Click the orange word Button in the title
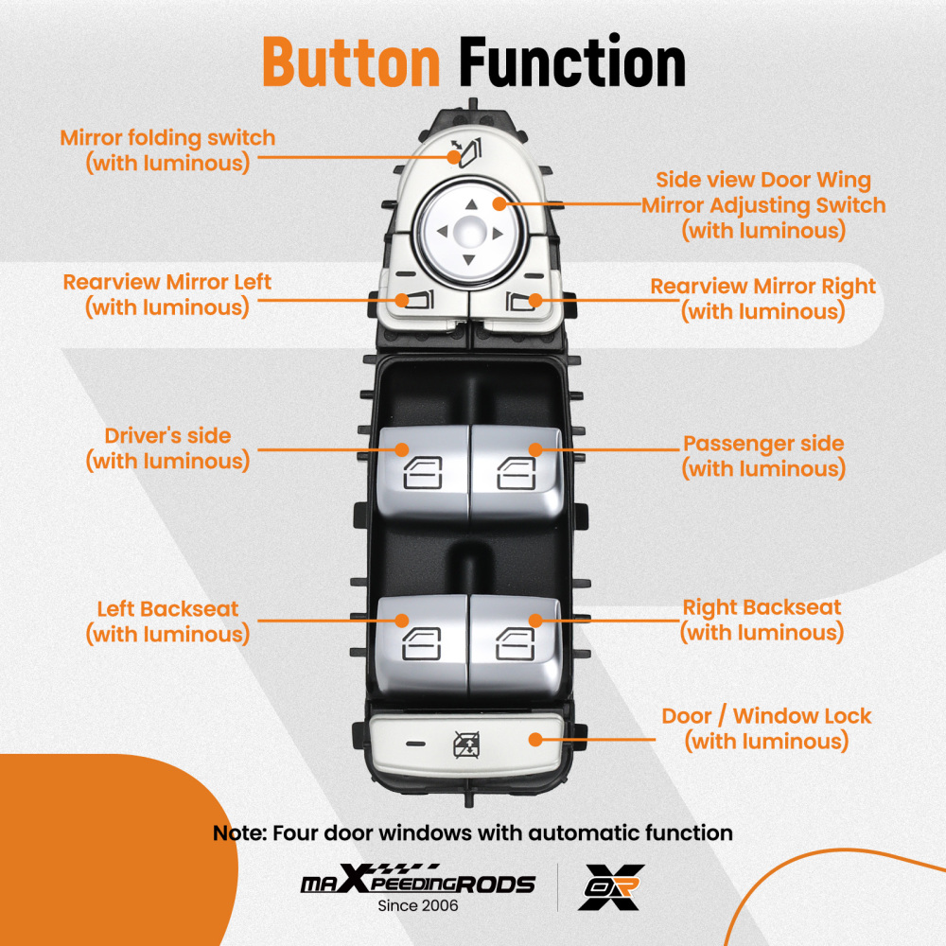(x=351, y=62)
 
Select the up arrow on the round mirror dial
(x=472, y=204)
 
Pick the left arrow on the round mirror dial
(x=443, y=231)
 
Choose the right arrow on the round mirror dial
(x=498, y=234)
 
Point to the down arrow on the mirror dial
(x=469, y=260)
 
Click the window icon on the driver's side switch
(x=423, y=472)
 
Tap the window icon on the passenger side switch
(x=517, y=473)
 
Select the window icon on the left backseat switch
(x=421, y=643)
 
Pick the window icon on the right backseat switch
(x=516, y=643)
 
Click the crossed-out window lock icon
(x=466, y=745)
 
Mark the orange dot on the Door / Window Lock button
(x=535, y=740)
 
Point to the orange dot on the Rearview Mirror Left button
(x=402, y=300)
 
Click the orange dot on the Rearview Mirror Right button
(x=535, y=300)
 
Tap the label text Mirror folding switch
(x=167, y=138)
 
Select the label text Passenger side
(x=763, y=444)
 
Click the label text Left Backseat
(x=167, y=608)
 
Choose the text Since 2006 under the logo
(x=417, y=905)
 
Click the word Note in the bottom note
(x=239, y=833)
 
